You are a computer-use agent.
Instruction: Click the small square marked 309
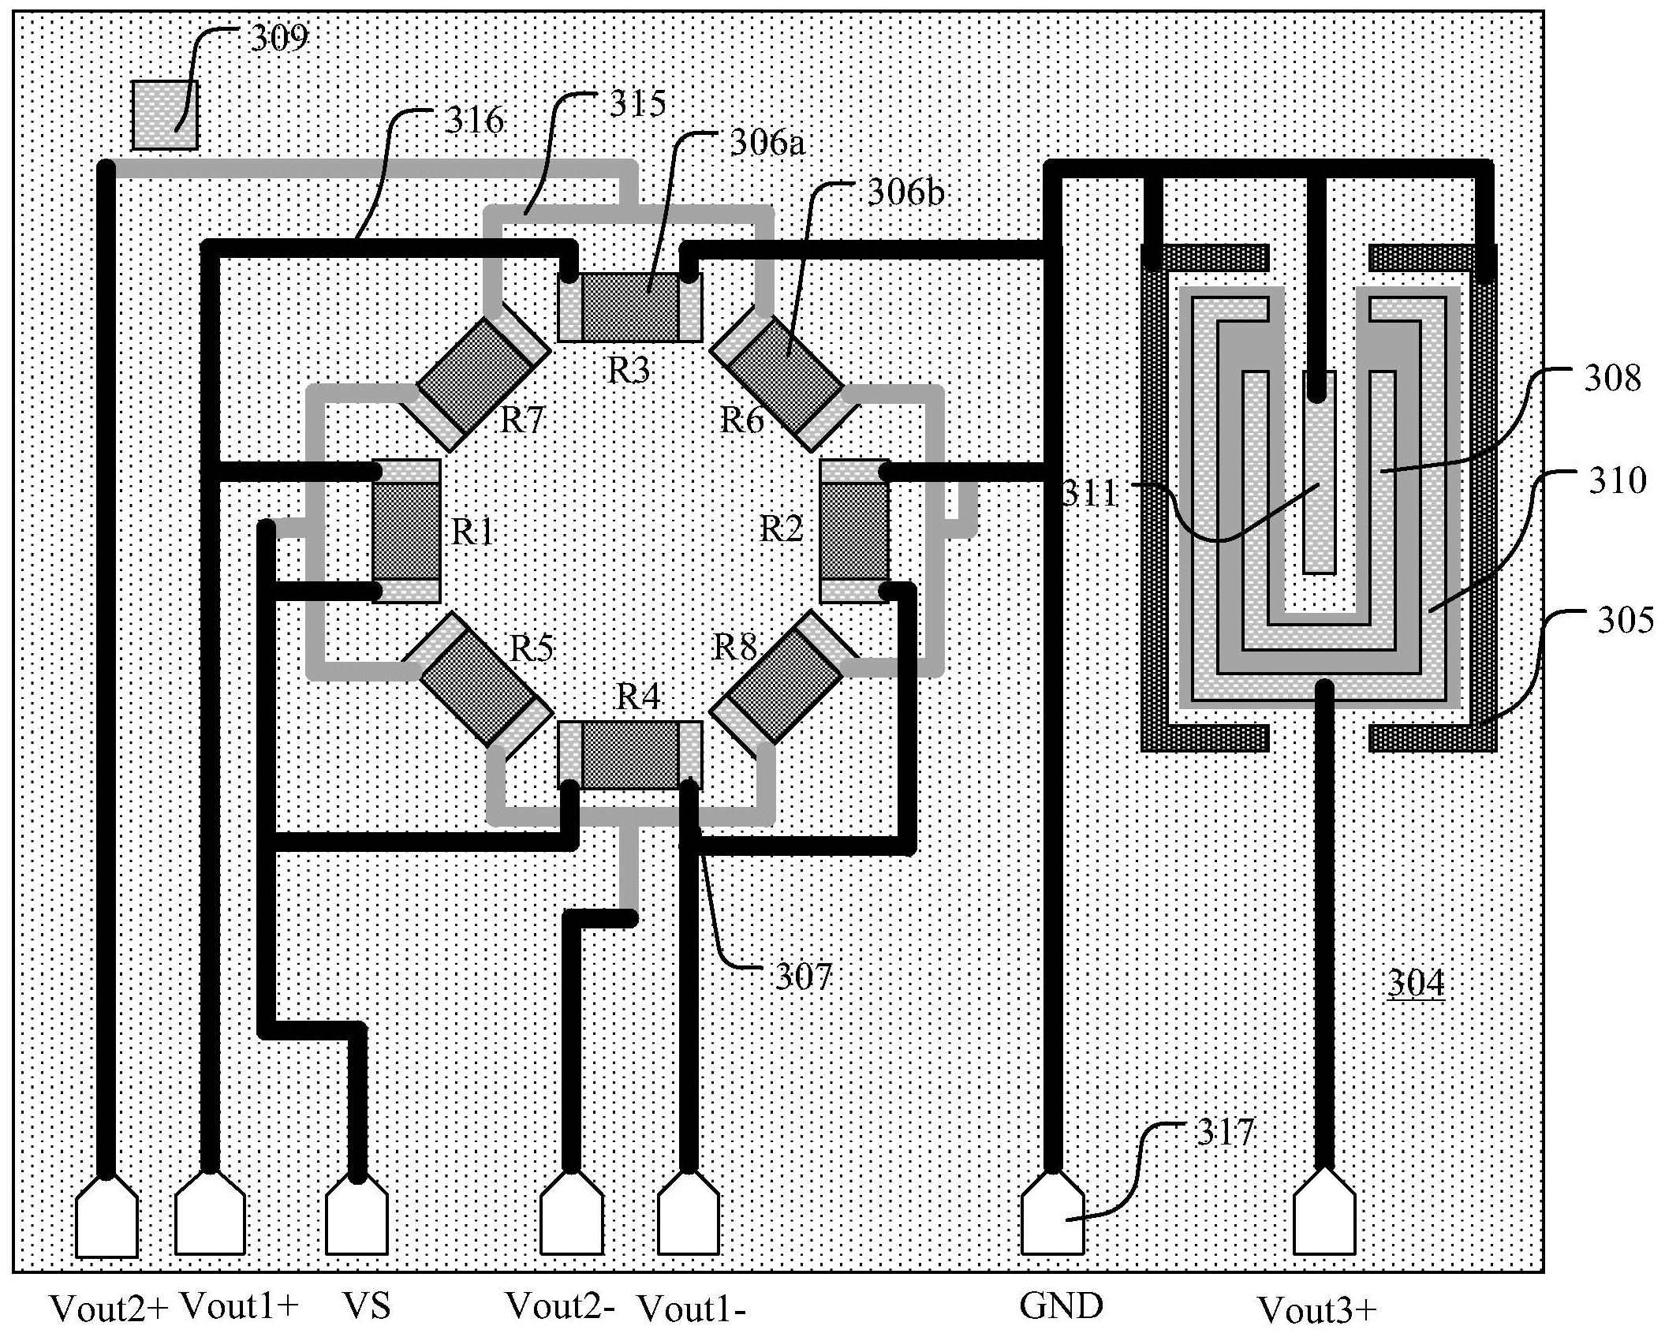click(164, 115)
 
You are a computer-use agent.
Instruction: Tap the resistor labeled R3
click(629, 307)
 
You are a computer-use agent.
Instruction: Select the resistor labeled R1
click(405, 531)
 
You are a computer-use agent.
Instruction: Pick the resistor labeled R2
click(855, 531)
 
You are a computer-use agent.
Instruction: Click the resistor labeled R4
click(629, 755)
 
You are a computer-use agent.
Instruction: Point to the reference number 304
click(1416, 983)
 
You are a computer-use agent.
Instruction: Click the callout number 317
click(1224, 1133)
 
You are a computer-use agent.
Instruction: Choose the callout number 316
click(474, 121)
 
